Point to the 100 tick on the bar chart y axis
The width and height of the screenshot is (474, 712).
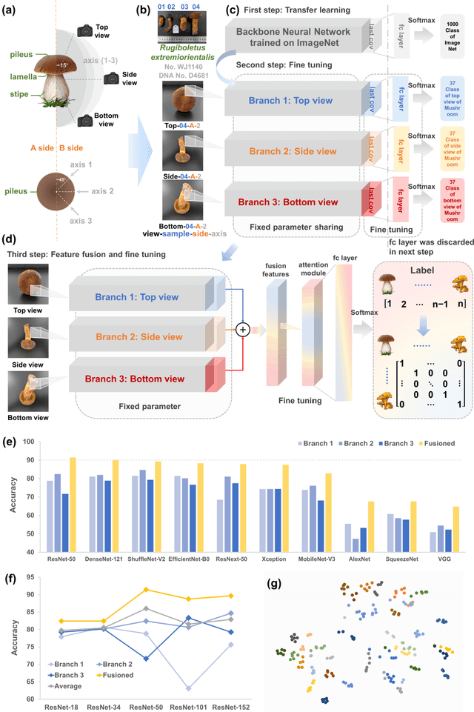(x=30, y=441)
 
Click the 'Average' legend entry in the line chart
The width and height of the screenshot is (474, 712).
(x=76, y=685)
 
